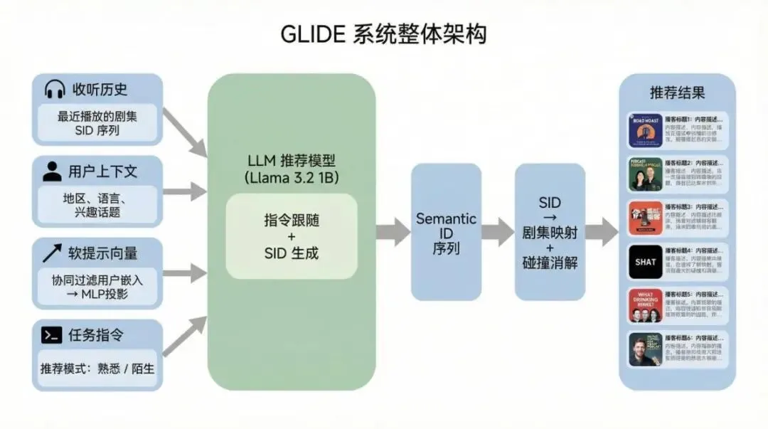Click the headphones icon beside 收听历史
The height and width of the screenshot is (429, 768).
pos(55,89)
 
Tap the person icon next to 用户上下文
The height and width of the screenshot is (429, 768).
pos(52,171)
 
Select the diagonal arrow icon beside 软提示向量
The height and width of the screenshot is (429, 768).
pos(52,253)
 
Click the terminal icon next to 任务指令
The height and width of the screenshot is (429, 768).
pos(51,335)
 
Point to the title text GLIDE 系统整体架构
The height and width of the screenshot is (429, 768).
pos(384,34)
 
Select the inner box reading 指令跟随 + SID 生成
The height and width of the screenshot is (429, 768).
pos(292,236)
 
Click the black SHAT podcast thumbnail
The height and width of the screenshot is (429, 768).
pos(646,262)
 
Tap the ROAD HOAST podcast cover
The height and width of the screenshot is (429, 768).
pos(646,131)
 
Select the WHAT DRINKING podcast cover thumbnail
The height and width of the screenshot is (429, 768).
pos(646,305)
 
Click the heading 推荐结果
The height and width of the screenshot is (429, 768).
pos(677,92)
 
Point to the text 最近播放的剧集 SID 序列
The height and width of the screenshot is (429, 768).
pos(97,123)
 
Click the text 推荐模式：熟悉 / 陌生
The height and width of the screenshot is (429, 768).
pos(97,369)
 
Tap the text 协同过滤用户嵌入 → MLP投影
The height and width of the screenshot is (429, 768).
pos(97,287)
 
